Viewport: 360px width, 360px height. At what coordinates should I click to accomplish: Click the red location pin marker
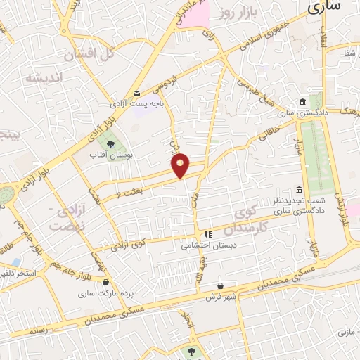tap(181, 165)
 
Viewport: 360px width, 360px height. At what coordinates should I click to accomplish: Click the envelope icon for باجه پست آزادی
tap(137, 92)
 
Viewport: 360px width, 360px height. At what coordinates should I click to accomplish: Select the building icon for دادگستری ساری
tap(302, 102)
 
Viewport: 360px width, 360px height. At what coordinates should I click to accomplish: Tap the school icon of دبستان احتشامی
tap(207, 235)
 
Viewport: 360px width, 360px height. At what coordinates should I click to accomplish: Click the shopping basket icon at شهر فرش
tap(221, 285)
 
